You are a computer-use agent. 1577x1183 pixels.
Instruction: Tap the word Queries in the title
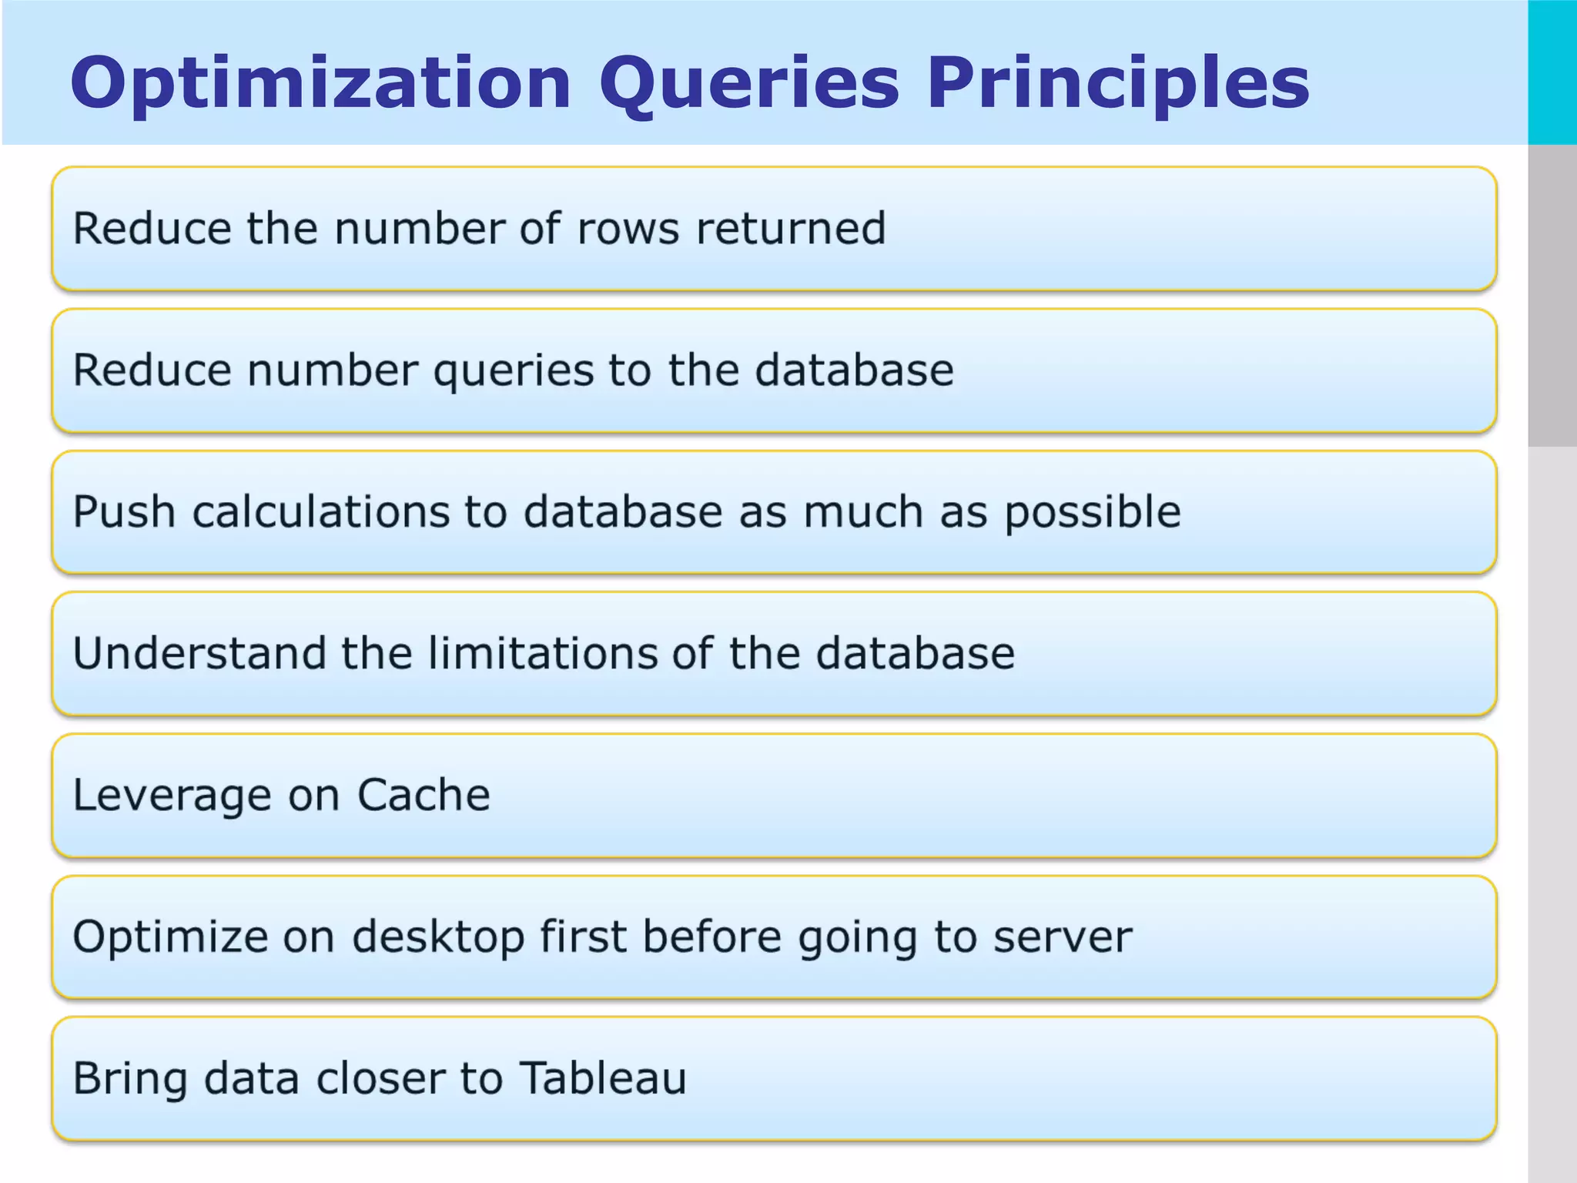[x=748, y=83]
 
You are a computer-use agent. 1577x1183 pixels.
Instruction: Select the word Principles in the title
[x=1117, y=83]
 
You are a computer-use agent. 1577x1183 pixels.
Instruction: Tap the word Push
[x=124, y=512]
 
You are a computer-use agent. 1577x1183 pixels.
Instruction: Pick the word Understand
[x=199, y=654]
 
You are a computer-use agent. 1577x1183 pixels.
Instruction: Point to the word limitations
[x=541, y=654]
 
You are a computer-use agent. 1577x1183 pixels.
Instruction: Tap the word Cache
[x=424, y=796]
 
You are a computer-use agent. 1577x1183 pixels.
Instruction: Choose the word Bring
[x=130, y=1079]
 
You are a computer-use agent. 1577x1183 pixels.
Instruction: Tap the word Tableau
[x=603, y=1078]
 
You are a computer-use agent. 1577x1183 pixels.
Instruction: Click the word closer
[x=380, y=1078]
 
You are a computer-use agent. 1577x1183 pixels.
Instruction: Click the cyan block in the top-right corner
[x=1552, y=72]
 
